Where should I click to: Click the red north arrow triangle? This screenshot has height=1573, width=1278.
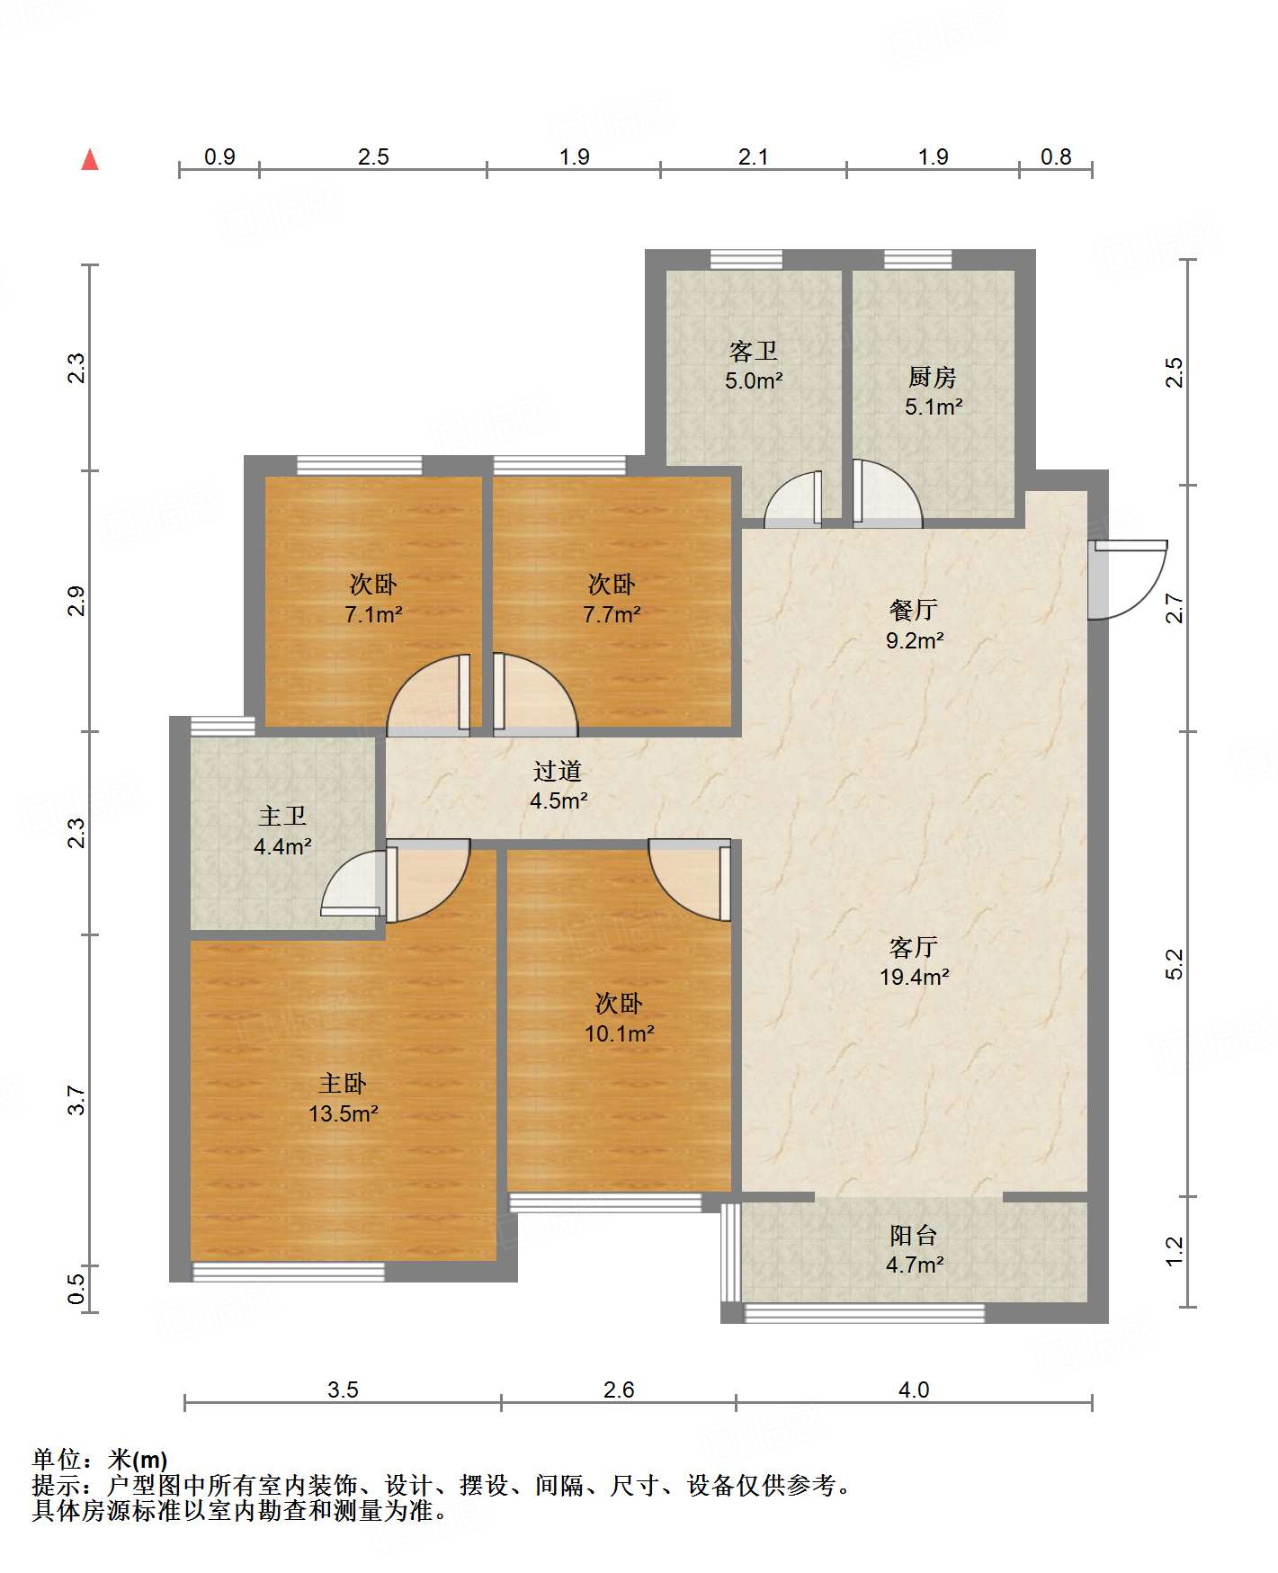pyautogui.click(x=90, y=160)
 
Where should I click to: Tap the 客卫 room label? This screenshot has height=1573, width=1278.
pyautogui.click(x=754, y=351)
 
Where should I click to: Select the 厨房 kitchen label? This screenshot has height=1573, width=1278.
pyautogui.click(x=933, y=377)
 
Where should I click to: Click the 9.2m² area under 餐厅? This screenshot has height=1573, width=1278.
pyautogui.click(x=915, y=640)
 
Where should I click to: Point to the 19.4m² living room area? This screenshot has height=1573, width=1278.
pyautogui.click(x=915, y=977)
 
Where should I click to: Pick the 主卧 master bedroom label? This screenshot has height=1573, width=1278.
pyautogui.click(x=343, y=1083)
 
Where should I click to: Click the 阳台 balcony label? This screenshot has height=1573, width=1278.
pyautogui.click(x=914, y=1236)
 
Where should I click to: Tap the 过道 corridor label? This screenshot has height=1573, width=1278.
pyautogui.click(x=558, y=771)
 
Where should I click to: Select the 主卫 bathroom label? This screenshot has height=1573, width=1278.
pyautogui.click(x=282, y=816)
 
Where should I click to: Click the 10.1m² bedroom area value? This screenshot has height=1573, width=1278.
pyautogui.click(x=620, y=1033)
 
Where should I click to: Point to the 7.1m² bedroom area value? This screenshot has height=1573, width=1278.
pyautogui.click(x=373, y=614)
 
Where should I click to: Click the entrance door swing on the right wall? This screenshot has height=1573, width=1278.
pyautogui.click(x=1127, y=579)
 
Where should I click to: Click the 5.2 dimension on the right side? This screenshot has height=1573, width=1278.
pyautogui.click(x=1175, y=964)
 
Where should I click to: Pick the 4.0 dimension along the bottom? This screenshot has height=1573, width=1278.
pyautogui.click(x=914, y=1390)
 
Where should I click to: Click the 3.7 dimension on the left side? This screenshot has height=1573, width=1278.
pyautogui.click(x=77, y=1100)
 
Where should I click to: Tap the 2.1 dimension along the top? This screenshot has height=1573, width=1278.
pyautogui.click(x=754, y=157)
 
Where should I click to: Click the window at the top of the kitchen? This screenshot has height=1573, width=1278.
pyautogui.click(x=917, y=259)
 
